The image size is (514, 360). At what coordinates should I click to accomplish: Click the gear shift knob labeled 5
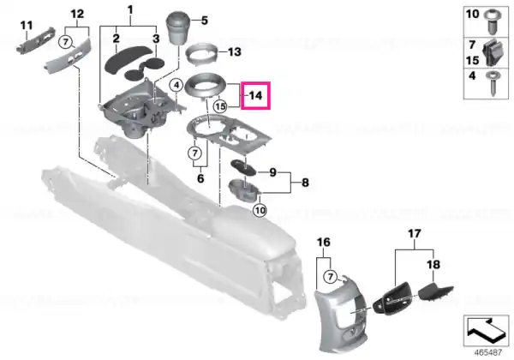(x=179, y=28)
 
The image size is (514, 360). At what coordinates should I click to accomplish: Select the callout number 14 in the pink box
(x=255, y=96)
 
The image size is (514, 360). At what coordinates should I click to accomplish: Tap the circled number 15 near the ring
(x=220, y=106)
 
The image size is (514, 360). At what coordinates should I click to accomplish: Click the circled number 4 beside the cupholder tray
(x=176, y=86)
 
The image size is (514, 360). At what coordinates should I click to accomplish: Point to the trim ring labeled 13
(x=201, y=52)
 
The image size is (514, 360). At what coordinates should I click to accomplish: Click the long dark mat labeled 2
(x=128, y=59)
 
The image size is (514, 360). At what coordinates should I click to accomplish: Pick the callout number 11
(x=27, y=25)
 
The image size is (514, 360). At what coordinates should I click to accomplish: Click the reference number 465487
(x=488, y=352)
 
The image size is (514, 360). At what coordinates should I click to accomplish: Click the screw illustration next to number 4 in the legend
(x=493, y=82)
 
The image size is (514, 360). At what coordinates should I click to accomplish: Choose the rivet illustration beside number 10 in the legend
(x=493, y=21)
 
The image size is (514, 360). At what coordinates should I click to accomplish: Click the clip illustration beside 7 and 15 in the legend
(x=493, y=52)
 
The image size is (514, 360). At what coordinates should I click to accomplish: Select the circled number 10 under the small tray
(x=260, y=210)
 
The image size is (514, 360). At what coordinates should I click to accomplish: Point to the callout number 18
(x=433, y=264)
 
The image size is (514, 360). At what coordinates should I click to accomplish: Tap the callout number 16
(x=323, y=243)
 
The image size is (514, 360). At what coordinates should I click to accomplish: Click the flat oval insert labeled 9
(x=244, y=167)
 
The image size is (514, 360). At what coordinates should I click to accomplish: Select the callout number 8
(x=305, y=183)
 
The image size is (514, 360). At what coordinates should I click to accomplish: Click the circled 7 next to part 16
(x=330, y=277)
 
